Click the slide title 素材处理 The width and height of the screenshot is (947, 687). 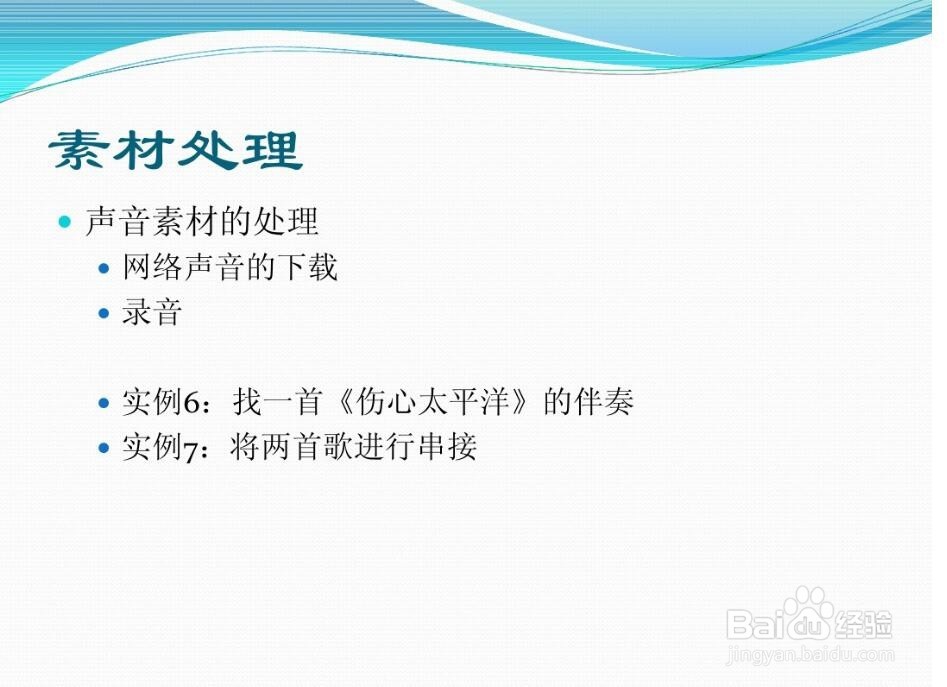point(176,150)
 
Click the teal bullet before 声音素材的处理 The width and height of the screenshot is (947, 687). point(65,222)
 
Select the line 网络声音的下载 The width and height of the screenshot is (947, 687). point(230,267)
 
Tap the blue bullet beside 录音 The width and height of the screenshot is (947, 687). point(104,313)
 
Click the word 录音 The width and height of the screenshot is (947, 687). point(152,313)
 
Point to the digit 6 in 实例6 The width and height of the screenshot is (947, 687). point(191,403)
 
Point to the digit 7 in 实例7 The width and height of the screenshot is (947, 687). point(190,450)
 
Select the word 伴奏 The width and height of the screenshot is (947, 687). point(603,401)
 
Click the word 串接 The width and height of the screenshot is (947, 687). point(448,447)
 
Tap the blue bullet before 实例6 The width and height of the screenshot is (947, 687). point(104,402)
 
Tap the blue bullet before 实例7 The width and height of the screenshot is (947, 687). point(104,448)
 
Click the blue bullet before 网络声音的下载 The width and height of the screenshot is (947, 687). point(104,267)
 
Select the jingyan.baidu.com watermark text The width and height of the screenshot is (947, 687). point(810,653)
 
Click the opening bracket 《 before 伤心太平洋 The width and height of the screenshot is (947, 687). point(342,401)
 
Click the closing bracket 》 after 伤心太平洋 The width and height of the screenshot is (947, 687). point(525,401)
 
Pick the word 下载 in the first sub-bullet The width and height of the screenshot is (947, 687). point(307,267)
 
